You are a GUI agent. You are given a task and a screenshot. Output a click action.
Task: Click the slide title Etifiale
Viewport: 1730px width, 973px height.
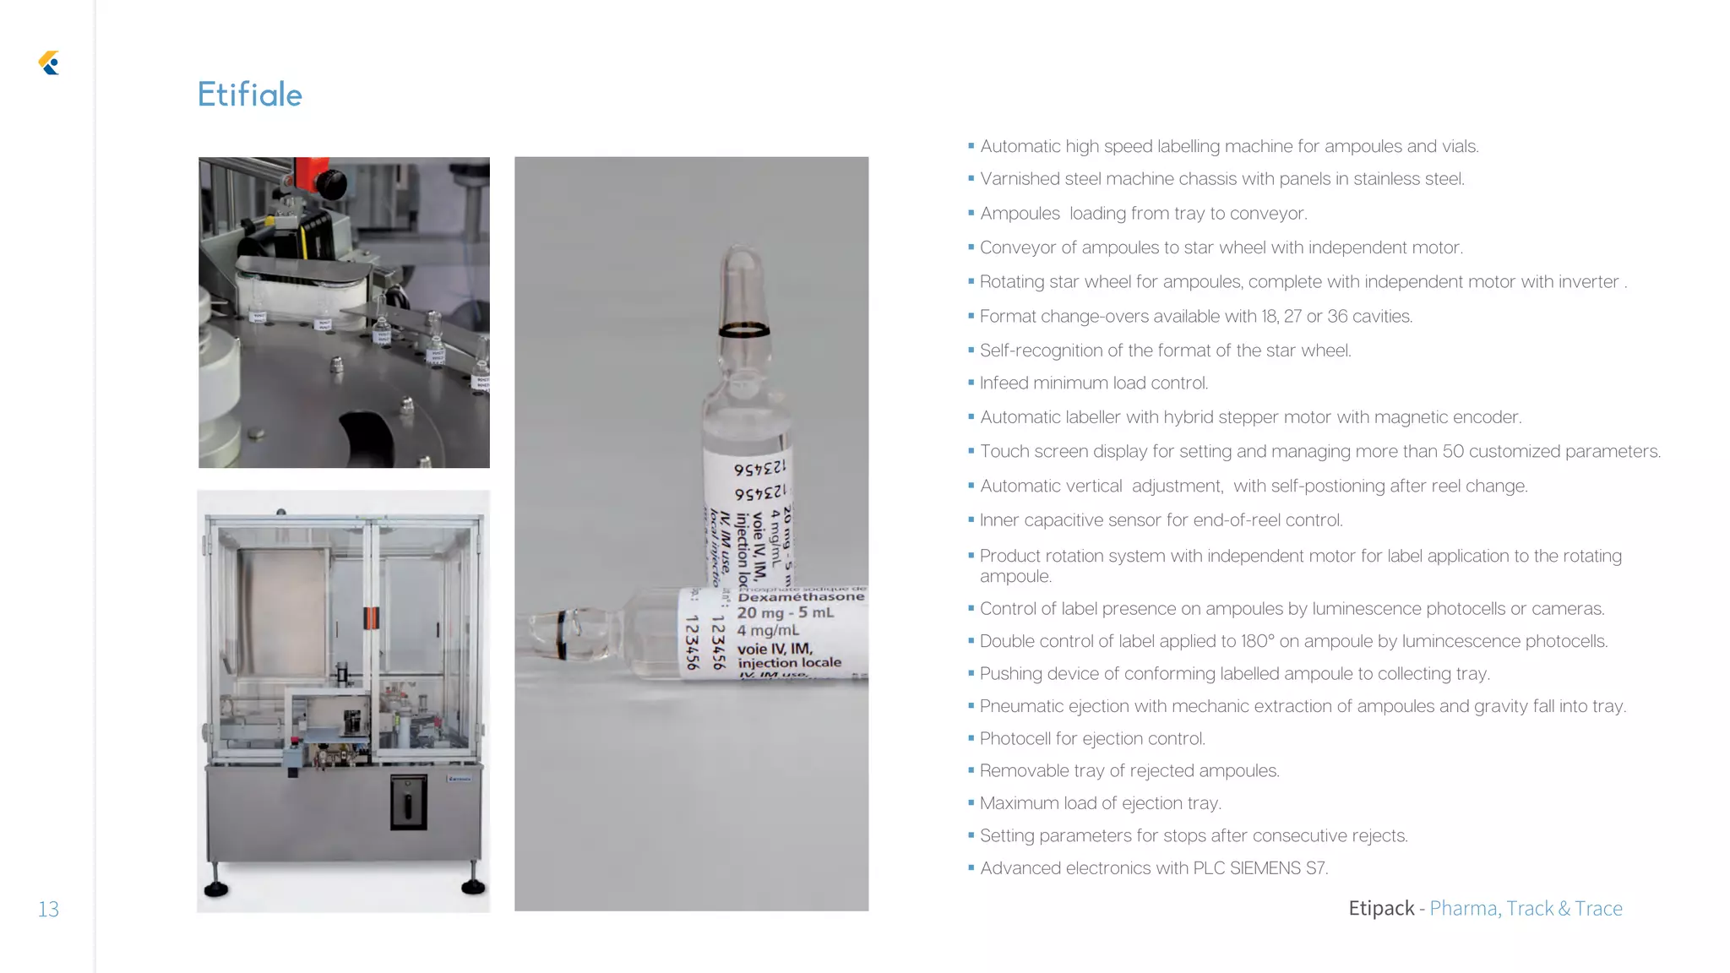coord(249,95)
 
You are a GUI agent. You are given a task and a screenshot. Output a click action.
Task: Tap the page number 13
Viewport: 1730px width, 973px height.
coord(48,909)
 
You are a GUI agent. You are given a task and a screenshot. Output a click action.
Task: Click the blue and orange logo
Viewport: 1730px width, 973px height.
coord(49,63)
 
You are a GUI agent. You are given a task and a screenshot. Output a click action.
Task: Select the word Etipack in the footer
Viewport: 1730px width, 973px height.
coord(1381,908)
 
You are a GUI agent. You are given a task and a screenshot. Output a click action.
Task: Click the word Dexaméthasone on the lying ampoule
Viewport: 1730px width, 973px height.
coord(801,596)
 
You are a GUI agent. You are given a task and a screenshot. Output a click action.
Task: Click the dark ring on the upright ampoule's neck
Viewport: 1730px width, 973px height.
coord(743,329)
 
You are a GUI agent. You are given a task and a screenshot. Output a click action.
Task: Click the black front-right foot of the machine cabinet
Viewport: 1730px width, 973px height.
coord(473,886)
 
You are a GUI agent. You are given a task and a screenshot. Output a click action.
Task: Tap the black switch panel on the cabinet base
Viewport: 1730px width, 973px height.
coord(408,802)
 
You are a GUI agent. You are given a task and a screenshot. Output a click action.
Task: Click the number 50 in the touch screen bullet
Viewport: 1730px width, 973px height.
coord(1453,451)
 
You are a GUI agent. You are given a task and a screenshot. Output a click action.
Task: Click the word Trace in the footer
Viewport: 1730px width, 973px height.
coord(1598,908)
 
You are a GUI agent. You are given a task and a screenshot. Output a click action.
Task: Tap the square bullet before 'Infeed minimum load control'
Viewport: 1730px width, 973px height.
coord(971,383)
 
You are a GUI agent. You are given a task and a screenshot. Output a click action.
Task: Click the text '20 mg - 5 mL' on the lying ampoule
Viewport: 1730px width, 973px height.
coord(785,612)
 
